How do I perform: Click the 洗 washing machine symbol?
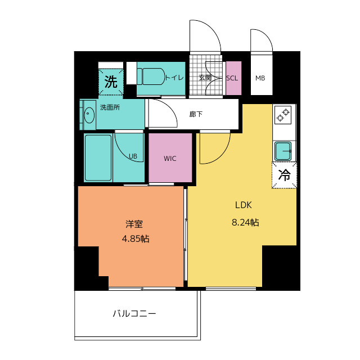111,82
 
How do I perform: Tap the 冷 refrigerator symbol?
285,175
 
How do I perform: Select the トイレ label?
174,78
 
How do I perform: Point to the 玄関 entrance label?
205,78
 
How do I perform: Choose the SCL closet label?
232,78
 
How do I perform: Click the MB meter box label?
260,78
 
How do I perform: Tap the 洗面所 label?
110,107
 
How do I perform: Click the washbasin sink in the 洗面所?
89,115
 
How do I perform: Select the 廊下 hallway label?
196,114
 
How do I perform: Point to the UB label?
133,156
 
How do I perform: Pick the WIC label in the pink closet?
170,159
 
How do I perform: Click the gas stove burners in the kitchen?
283,115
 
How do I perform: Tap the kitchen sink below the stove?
283,151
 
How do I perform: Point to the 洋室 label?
134,223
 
